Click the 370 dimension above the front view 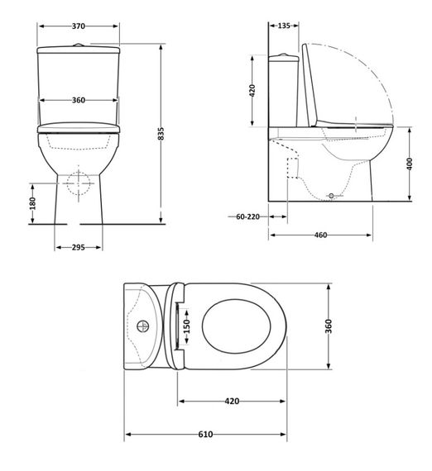(79, 26)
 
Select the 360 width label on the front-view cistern (79, 100)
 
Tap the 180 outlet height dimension (32, 203)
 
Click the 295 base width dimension (79, 246)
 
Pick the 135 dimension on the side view (285, 26)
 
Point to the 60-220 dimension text (247, 216)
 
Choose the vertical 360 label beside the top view (330, 327)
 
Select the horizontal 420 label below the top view (232, 401)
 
